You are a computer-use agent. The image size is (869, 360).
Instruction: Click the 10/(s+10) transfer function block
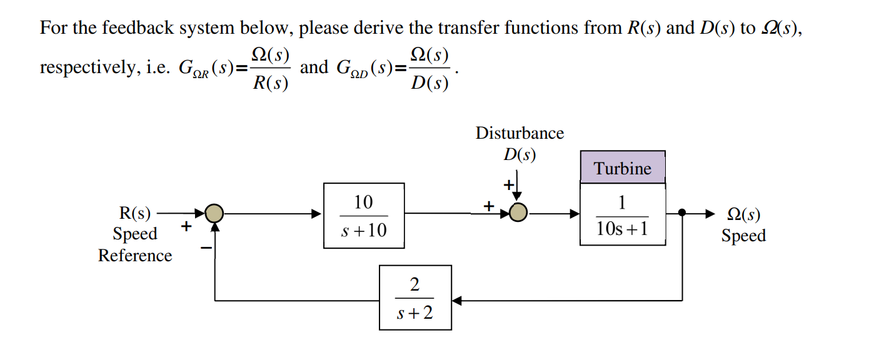(364, 216)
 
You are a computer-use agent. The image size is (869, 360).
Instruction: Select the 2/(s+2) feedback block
(415, 297)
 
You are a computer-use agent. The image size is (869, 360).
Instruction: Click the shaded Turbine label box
(623, 167)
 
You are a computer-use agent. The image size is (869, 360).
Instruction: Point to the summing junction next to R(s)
(214, 214)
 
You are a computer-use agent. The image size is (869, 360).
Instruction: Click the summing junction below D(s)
(517, 214)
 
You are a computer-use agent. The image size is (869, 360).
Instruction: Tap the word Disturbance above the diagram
(520, 133)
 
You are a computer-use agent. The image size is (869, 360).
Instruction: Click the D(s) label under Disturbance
(520, 154)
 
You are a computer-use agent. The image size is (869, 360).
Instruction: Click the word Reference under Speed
(135, 256)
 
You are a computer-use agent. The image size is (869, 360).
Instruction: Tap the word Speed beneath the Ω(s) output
(743, 236)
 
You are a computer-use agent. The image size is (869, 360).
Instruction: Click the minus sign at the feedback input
(206, 248)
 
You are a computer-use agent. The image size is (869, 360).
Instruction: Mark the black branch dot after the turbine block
(683, 214)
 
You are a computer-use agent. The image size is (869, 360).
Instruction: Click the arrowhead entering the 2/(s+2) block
(456, 301)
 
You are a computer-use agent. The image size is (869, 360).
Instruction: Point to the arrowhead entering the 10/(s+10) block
(318, 214)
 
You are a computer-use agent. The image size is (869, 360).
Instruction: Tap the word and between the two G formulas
(314, 67)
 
